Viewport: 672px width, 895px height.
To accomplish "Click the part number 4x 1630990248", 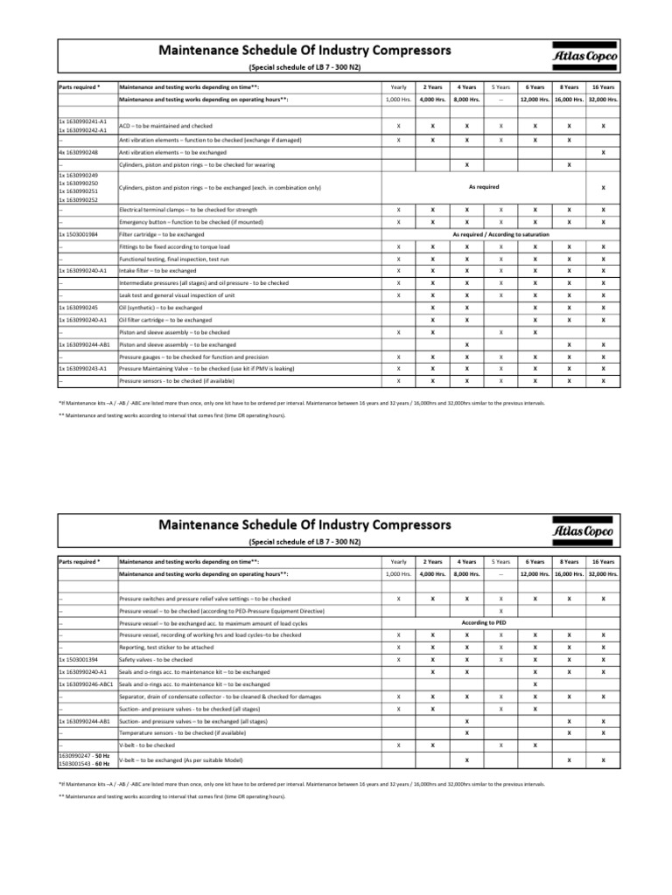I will tap(78, 152).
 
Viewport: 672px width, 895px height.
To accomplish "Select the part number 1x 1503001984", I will tap(78, 235).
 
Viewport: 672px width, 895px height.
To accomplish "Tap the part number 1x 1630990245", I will tap(77, 308).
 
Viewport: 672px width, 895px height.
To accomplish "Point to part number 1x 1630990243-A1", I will tap(82, 369).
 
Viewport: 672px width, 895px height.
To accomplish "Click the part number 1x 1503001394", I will tap(77, 659).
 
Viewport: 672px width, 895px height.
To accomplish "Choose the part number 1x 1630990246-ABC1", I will tap(85, 683).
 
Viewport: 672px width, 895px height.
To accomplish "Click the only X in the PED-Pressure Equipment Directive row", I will tap(500, 610).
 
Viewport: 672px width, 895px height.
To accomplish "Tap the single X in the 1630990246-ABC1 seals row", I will tap(535, 683).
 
